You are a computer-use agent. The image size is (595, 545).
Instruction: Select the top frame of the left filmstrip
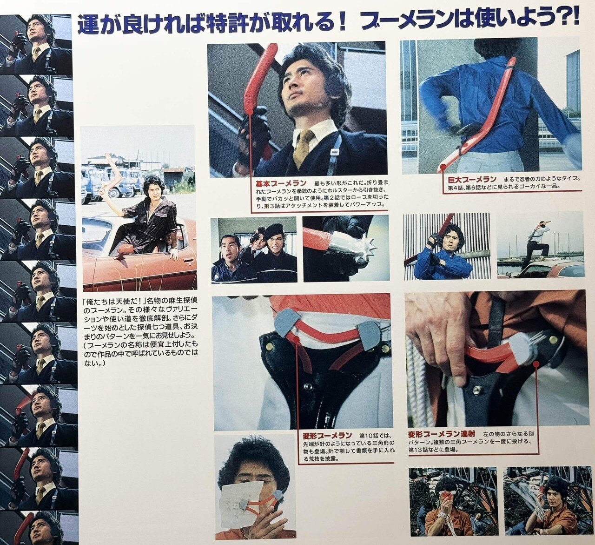36,44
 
